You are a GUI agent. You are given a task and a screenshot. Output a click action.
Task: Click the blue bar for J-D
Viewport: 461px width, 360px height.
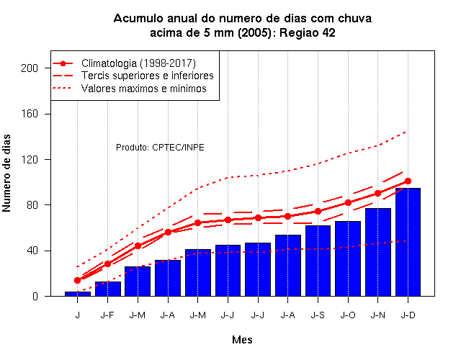tap(408, 242)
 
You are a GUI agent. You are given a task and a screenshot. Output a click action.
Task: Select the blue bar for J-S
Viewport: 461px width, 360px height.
tap(318, 261)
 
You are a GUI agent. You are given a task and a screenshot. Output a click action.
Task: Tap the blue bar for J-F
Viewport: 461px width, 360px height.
tap(108, 289)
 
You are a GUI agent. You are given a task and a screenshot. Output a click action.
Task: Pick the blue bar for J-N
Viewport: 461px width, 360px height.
tap(377, 252)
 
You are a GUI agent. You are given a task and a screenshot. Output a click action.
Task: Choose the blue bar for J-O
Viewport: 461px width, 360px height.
tap(348, 258)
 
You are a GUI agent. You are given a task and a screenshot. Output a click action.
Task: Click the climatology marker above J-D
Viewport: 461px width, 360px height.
tap(408, 181)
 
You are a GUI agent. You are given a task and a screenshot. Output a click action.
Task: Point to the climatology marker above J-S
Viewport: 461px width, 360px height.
tap(318, 211)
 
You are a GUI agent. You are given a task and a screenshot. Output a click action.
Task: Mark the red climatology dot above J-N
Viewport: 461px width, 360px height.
tap(377, 194)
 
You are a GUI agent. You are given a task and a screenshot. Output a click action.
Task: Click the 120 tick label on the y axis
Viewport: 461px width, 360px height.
tap(30, 160)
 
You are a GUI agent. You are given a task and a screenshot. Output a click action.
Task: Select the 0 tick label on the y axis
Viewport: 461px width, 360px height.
tap(35, 296)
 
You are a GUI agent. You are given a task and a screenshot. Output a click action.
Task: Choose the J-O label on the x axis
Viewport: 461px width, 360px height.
tap(348, 315)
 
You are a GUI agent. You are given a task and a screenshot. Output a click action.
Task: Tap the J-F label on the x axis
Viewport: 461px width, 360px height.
tap(107, 315)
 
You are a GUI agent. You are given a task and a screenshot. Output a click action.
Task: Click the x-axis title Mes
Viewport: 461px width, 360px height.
tap(242, 340)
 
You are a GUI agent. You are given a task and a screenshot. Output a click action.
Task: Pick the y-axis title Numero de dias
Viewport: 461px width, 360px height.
tap(6, 173)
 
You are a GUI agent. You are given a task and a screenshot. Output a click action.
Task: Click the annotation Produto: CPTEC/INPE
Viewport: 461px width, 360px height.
tap(160, 147)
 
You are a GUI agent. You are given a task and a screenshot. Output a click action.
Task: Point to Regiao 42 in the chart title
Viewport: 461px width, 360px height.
tap(308, 32)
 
